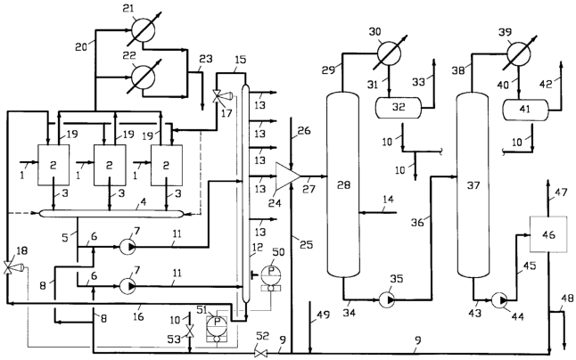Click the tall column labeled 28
(342, 184)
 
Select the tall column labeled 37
(473, 184)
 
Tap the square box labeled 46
(547, 234)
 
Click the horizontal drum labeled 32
(398, 108)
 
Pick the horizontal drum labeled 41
(525, 110)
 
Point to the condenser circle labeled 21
(144, 29)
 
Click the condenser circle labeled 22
(144, 77)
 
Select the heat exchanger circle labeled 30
(389, 53)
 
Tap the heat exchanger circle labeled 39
(519, 53)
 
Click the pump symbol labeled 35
(387, 299)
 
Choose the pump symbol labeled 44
(498, 299)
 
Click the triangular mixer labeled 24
(288, 176)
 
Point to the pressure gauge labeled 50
(271, 278)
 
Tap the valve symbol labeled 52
(261, 354)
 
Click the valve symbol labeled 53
(190, 331)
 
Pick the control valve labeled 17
(219, 96)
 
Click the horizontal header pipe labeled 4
(111, 213)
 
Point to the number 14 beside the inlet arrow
(388, 200)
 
